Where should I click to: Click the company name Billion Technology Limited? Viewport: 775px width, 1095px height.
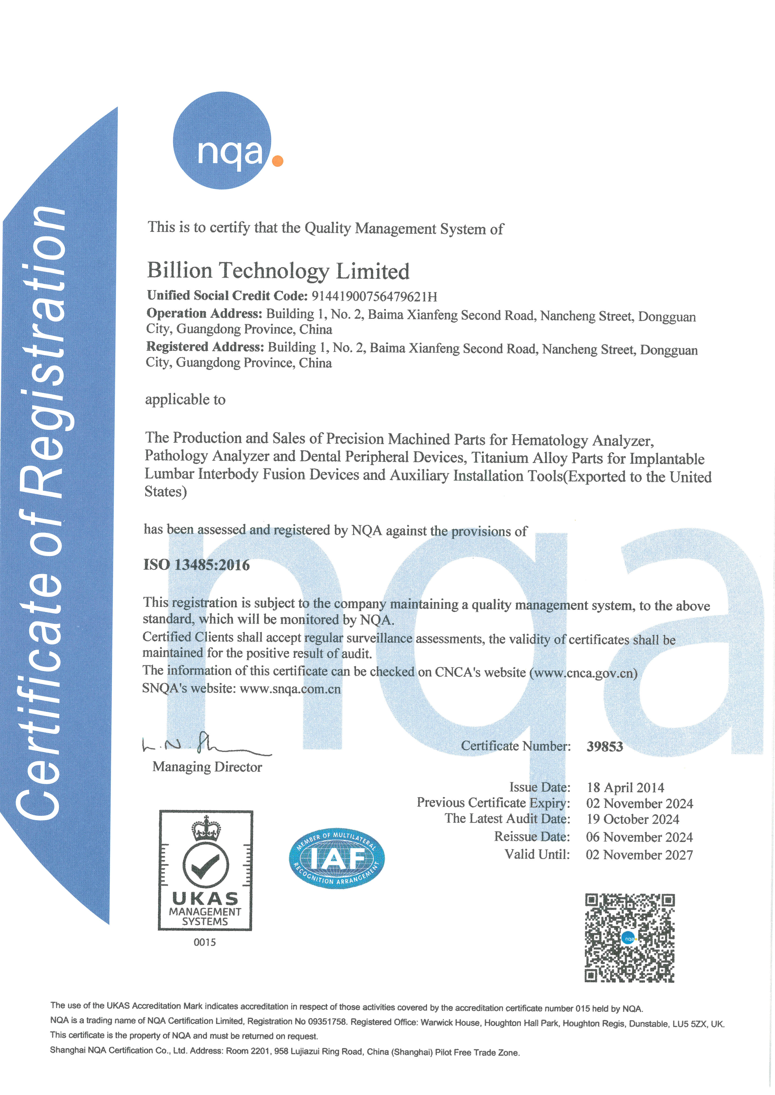278,271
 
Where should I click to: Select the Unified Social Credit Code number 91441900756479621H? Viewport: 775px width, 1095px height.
374,297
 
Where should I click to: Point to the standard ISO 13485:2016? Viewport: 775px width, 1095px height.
197,565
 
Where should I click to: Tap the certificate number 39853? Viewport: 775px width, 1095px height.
605,747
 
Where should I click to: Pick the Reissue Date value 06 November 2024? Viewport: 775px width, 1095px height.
639,837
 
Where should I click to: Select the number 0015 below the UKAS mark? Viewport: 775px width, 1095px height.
205,942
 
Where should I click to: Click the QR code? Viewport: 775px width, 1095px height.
629,938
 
